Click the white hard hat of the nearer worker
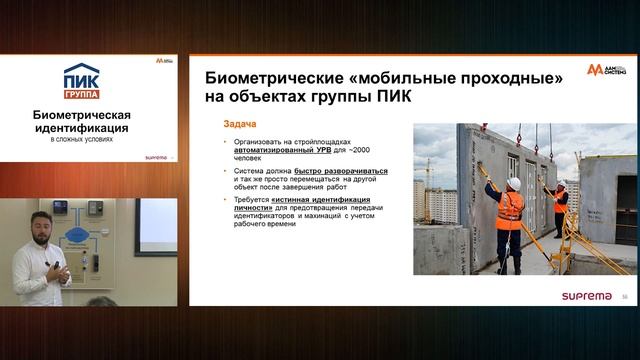(x=513, y=183)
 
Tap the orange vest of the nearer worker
(x=511, y=209)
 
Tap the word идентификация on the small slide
(x=90, y=130)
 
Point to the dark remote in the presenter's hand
(x=60, y=267)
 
